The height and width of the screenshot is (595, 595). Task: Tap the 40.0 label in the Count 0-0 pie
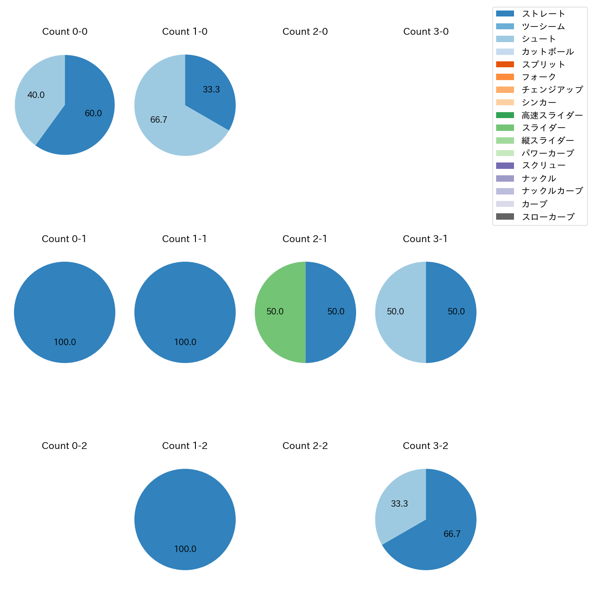pyautogui.click(x=36, y=95)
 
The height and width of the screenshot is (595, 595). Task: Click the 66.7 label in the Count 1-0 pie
pyautogui.click(x=159, y=120)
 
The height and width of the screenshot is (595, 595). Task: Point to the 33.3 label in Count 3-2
pyautogui.click(x=399, y=504)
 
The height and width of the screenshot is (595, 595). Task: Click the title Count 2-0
pyautogui.click(x=305, y=32)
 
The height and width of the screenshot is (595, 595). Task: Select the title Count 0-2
pyautogui.click(x=64, y=446)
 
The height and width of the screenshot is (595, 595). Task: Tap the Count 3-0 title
pyautogui.click(x=426, y=32)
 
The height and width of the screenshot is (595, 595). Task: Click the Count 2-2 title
pyautogui.click(x=305, y=446)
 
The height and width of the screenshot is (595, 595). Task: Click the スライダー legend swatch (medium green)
pyautogui.click(x=505, y=128)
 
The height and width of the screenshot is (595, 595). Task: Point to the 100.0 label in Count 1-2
pyautogui.click(x=185, y=549)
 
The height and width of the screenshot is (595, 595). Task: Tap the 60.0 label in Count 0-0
pyautogui.click(x=93, y=114)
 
